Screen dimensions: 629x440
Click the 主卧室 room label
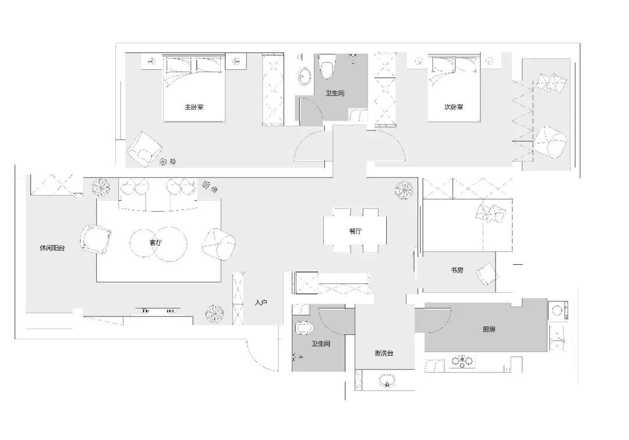pos(194,108)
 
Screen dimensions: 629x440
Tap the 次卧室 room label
pos(454,108)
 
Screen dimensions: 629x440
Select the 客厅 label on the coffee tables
pos(156,243)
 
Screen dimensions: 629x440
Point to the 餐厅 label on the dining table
pos(355,231)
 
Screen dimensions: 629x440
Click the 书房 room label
pos(457,270)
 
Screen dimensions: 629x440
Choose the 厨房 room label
pos(489,329)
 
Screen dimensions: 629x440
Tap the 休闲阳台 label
pos(52,248)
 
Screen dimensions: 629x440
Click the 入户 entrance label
pos(261,303)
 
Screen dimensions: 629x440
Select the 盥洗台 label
pos(384,353)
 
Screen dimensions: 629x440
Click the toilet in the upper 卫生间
pos(327,66)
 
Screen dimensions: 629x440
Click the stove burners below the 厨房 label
pos(462,361)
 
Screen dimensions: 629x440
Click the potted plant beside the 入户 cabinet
pos(214,314)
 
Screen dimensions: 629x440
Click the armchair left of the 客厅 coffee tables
pos(96,239)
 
